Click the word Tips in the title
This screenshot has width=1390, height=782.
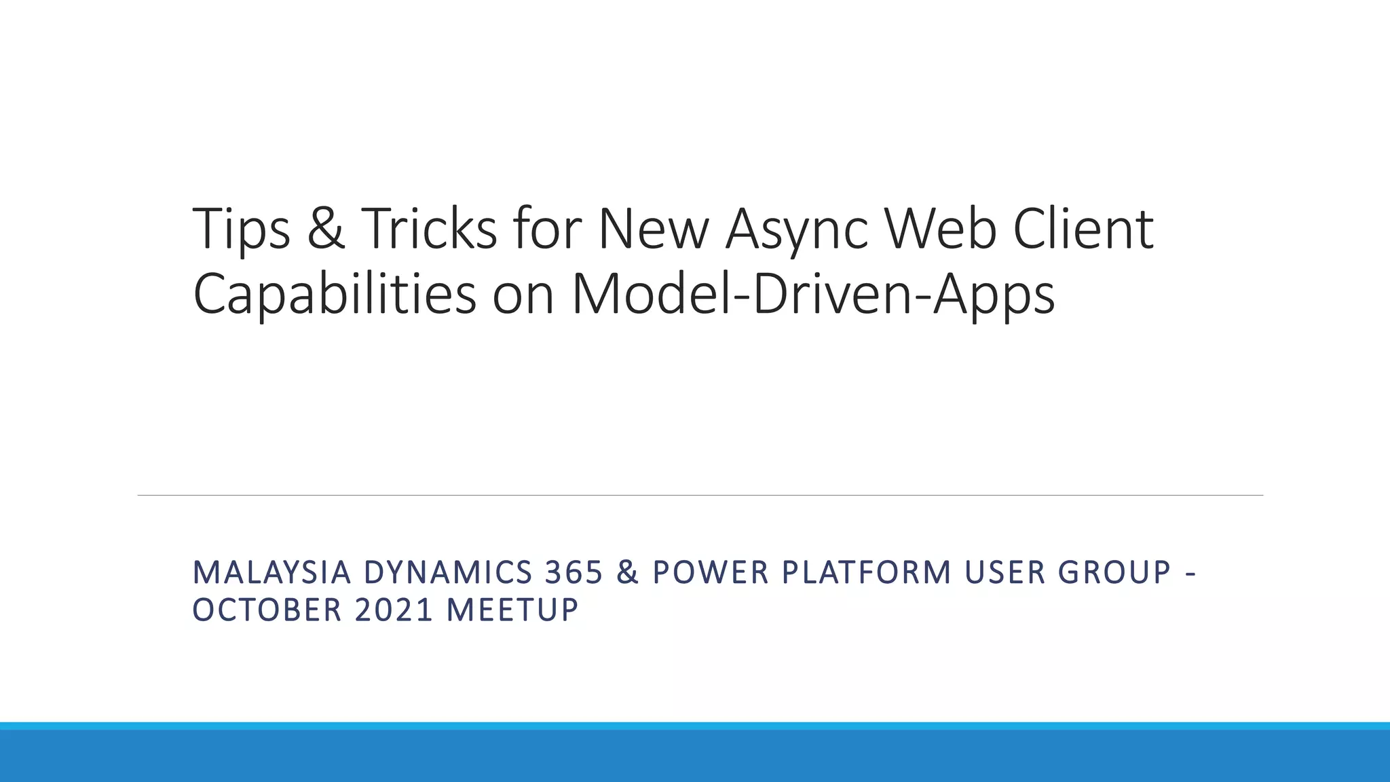coord(242,229)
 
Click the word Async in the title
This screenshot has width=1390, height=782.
coord(797,229)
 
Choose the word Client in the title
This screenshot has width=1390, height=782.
coord(1083,229)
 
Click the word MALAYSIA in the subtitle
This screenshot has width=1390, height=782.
coord(271,573)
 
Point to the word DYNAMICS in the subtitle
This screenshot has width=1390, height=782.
coord(448,573)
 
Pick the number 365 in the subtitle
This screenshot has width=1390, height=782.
coord(574,573)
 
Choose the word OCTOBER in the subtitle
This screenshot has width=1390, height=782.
coord(267,610)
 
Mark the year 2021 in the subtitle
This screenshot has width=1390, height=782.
coord(394,610)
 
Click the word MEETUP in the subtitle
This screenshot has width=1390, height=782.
coord(512,610)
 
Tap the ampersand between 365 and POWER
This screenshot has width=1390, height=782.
coord(628,573)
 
